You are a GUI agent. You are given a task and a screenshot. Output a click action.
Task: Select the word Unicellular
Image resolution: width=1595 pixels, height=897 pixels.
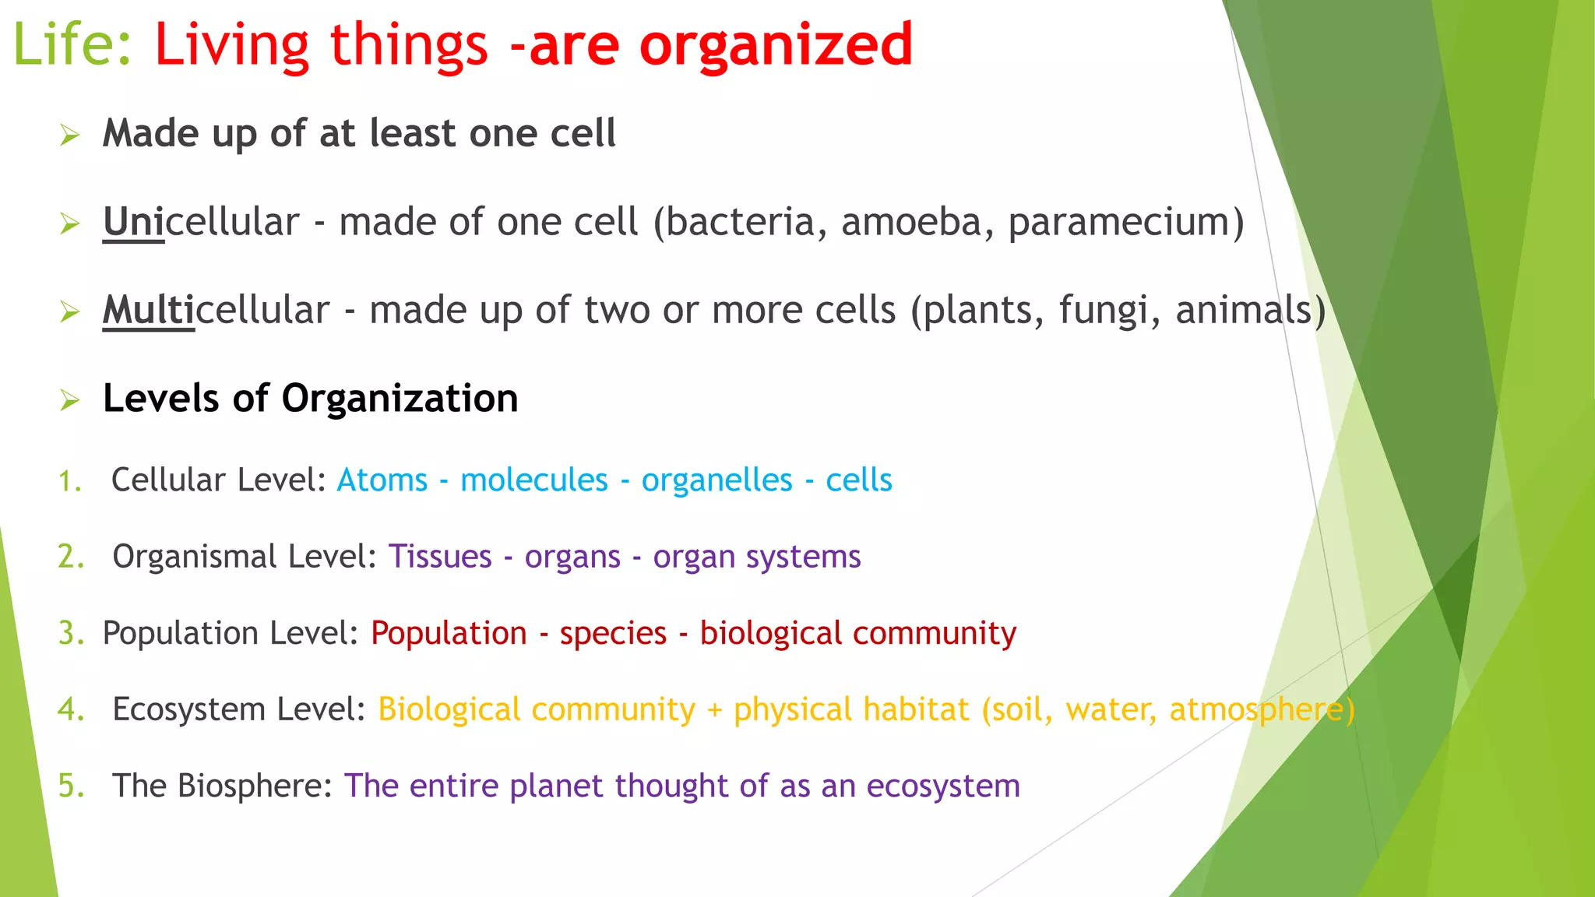(201, 223)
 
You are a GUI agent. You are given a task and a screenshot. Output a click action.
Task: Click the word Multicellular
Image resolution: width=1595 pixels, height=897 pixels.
(216, 311)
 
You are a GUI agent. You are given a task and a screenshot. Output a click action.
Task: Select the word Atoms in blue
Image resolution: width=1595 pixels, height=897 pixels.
(382, 480)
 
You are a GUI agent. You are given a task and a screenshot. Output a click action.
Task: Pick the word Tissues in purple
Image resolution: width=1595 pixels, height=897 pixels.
(440, 557)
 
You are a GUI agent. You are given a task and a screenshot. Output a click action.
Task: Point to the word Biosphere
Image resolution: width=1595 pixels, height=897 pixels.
(254, 786)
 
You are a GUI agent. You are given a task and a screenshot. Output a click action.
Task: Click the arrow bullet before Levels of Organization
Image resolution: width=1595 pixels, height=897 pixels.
(70, 401)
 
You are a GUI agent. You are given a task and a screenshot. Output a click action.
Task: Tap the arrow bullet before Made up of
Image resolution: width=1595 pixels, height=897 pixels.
(70, 136)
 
